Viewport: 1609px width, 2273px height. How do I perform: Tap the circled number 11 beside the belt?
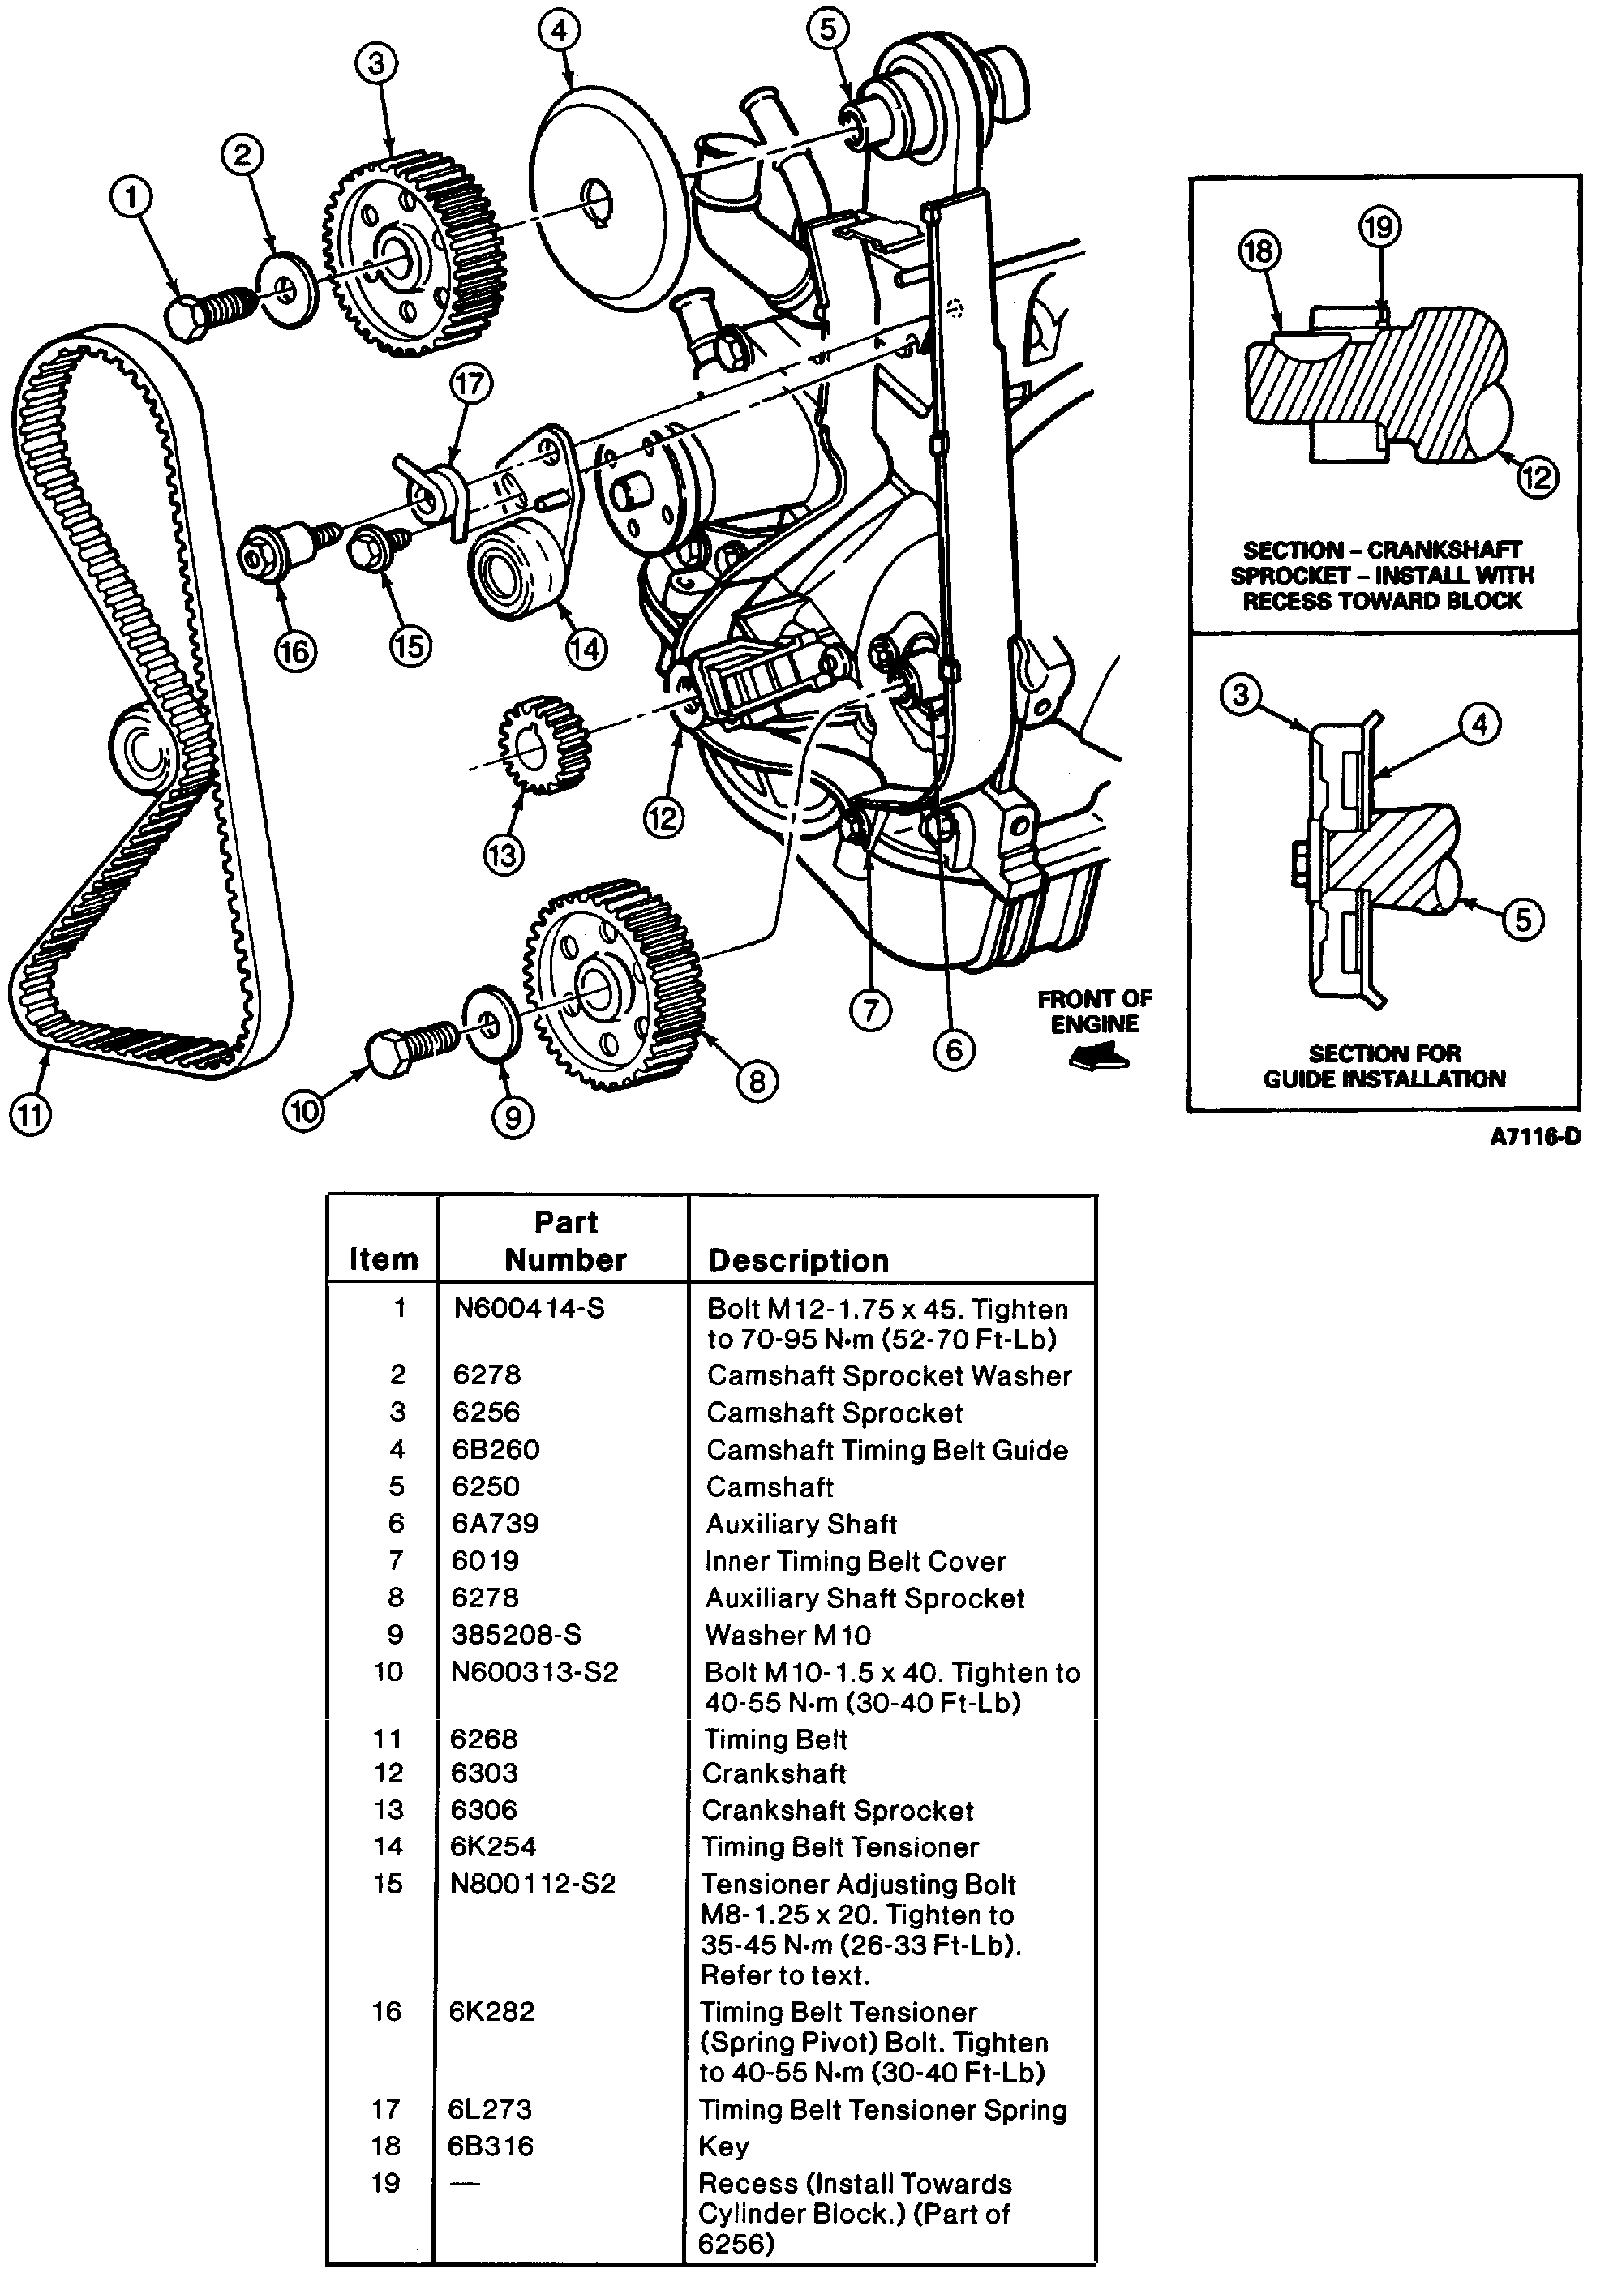click(30, 1115)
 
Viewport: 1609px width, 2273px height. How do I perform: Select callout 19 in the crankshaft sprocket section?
click(1379, 228)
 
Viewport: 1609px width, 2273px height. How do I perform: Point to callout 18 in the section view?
click(1259, 251)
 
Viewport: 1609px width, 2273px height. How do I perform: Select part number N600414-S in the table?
click(528, 1308)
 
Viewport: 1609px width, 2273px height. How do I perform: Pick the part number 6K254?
click(492, 1846)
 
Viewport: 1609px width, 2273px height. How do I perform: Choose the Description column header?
click(797, 1260)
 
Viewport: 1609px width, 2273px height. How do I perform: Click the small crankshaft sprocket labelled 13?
click(543, 744)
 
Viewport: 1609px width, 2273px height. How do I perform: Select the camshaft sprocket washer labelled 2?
click(287, 289)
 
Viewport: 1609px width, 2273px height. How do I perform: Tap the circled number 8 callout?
click(757, 1082)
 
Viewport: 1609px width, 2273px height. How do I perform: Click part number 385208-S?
click(516, 1634)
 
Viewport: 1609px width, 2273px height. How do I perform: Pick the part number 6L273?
click(490, 2108)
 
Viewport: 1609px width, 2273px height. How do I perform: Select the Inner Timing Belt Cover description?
click(855, 1561)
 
